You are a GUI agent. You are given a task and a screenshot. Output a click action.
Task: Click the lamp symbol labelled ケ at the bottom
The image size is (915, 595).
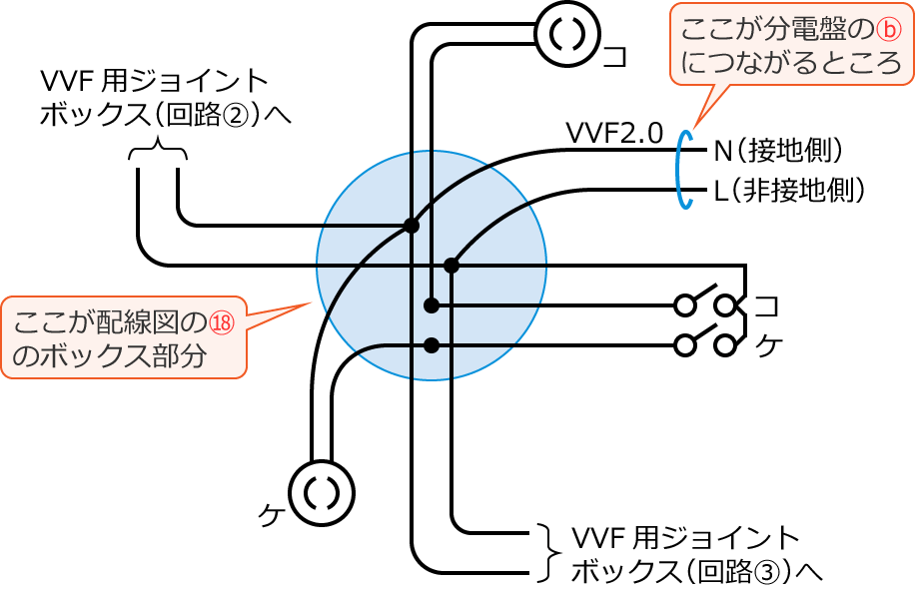coord(322,492)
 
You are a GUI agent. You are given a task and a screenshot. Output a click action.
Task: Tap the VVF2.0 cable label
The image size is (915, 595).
coord(613,134)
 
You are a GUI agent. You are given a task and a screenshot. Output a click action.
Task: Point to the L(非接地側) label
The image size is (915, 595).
coord(789,189)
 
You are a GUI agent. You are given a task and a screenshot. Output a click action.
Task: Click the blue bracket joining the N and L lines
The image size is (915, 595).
coord(683,169)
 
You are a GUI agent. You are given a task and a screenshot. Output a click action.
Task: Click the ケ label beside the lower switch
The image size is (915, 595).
coord(766,345)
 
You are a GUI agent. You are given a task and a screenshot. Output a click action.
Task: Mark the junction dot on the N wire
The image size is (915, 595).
coord(411,226)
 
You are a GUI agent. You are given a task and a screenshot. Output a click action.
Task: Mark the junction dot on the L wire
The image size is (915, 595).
coord(452,266)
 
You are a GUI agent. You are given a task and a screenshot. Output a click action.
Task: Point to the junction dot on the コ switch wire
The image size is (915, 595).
coord(432,304)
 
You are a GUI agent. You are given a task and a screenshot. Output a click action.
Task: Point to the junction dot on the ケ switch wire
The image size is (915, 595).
coord(432,345)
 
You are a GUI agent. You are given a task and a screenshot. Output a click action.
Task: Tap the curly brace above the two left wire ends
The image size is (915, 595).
coord(158,153)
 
